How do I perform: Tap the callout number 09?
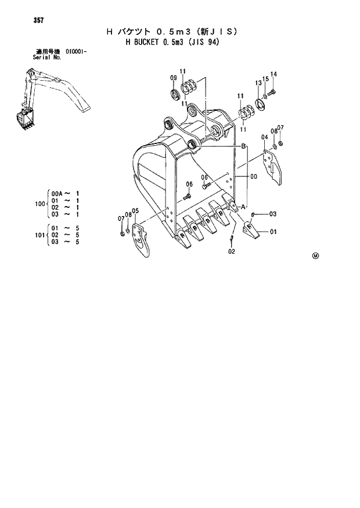click(173, 78)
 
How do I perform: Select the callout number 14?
click(274, 74)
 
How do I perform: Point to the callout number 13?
click(258, 84)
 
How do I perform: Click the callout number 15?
click(265, 78)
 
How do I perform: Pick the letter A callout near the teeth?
click(244, 207)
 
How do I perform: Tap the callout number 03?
click(272, 214)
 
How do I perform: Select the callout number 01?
click(272, 232)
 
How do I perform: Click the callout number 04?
click(264, 137)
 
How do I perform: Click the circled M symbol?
click(315, 255)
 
